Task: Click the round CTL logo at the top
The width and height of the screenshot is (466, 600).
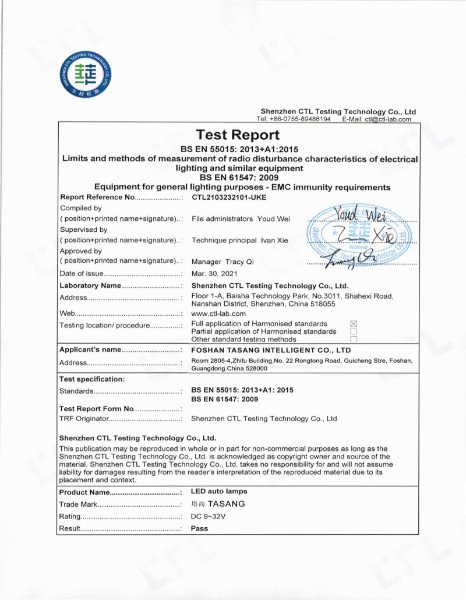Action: tap(86, 75)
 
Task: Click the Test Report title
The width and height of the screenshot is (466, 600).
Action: tap(238, 136)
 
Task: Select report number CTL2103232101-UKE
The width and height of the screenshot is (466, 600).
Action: tap(228, 197)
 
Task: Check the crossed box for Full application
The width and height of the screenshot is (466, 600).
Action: tap(353, 323)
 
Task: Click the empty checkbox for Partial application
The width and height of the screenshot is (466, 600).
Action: tap(353, 331)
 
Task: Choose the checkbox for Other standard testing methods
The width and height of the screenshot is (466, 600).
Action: tap(353, 339)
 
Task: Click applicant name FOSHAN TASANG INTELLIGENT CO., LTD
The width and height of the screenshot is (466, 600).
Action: tap(271, 350)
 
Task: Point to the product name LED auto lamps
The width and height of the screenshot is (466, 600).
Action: tap(219, 492)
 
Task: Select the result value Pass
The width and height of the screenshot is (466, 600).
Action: tap(199, 528)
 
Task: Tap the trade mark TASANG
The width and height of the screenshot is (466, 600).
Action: tap(227, 504)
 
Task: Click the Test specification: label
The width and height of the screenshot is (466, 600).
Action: tap(92, 379)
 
